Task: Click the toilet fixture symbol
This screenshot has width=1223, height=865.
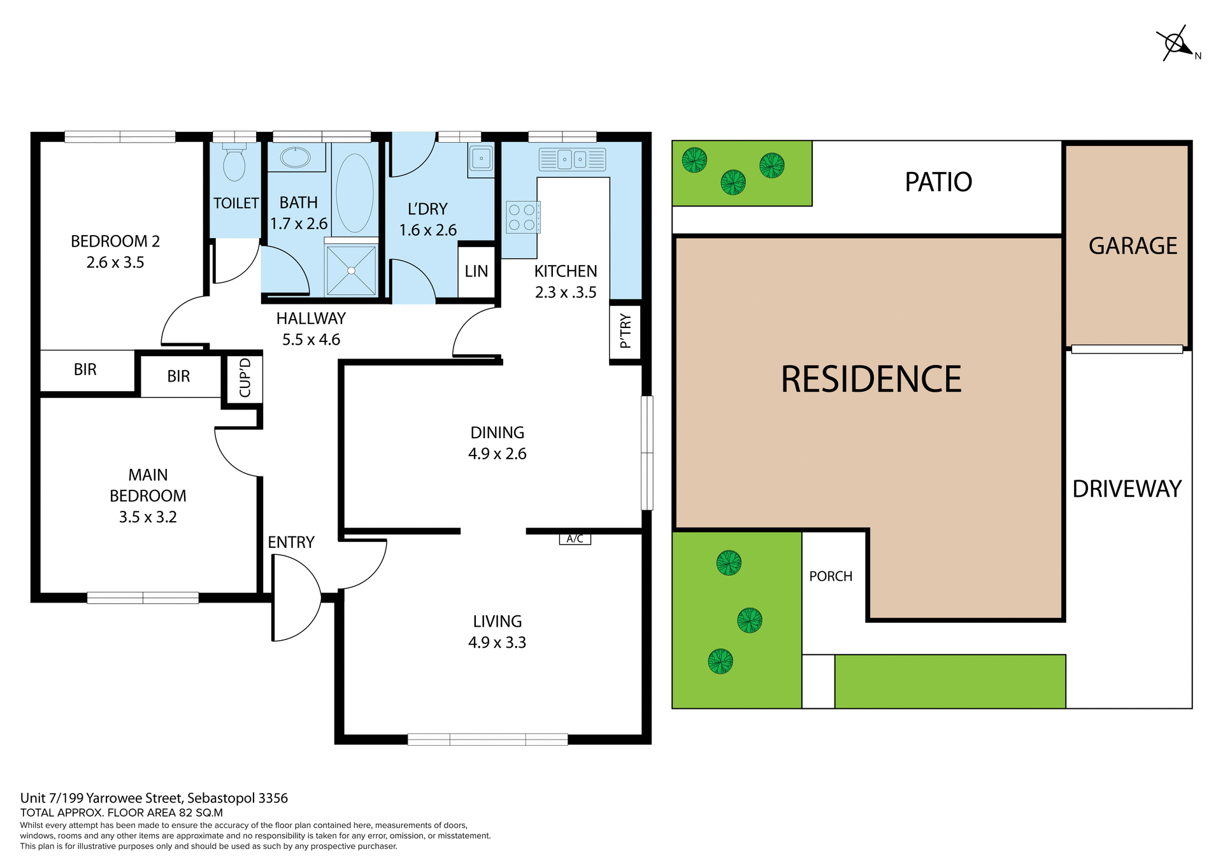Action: pos(234,164)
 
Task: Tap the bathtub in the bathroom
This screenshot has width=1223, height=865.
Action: pos(355,193)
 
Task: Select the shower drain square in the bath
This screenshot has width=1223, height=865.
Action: pos(351,270)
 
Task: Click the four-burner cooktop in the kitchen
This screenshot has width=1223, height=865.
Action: pos(522,217)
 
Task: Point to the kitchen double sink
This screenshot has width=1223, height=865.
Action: pos(572,159)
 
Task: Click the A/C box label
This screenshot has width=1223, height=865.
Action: pos(575,539)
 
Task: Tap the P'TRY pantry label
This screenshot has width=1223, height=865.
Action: pos(626,331)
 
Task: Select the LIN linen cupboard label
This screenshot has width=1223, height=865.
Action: pos(476,271)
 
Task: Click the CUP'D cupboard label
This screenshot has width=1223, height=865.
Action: pos(245,378)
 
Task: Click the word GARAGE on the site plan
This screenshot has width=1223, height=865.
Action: pos(1133,246)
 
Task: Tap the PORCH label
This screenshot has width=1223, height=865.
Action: pos(831,576)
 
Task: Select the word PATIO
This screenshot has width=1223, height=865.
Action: pos(938,182)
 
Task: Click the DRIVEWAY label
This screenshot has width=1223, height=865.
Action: pos(1127,489)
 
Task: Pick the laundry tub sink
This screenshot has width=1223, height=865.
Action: pos(481,159)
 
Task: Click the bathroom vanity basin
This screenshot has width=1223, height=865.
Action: pos(295,157)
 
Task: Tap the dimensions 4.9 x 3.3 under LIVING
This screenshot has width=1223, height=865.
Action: pos(497,642)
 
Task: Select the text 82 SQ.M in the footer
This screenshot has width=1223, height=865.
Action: pos(201,813)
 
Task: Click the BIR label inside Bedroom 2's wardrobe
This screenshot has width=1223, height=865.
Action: pos(85,369)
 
